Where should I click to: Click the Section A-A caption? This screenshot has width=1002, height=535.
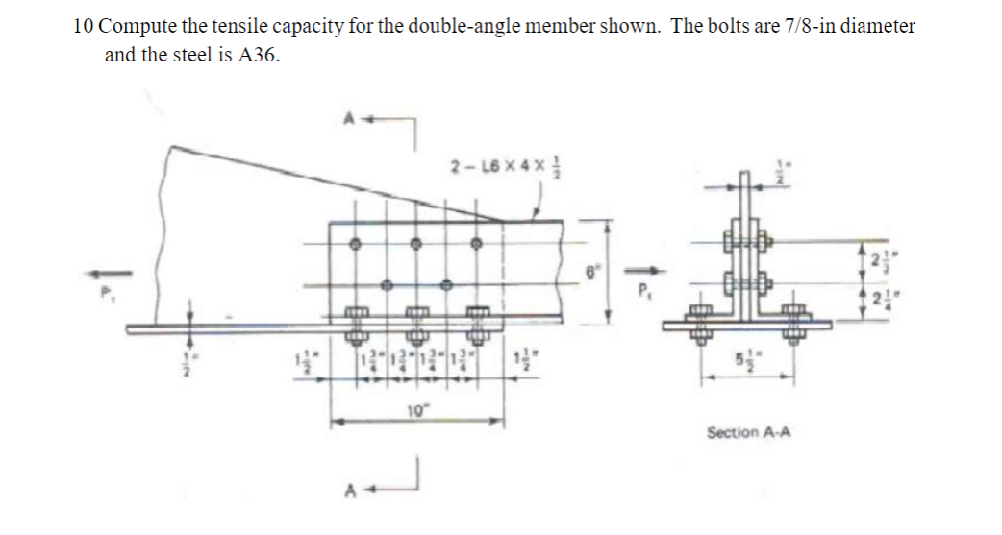748,433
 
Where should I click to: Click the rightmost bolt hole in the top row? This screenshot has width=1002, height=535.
475,244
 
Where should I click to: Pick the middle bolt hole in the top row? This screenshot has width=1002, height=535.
415,244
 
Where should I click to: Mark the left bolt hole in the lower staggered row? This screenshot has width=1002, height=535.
386,285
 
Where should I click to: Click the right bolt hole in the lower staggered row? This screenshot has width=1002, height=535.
446,285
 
